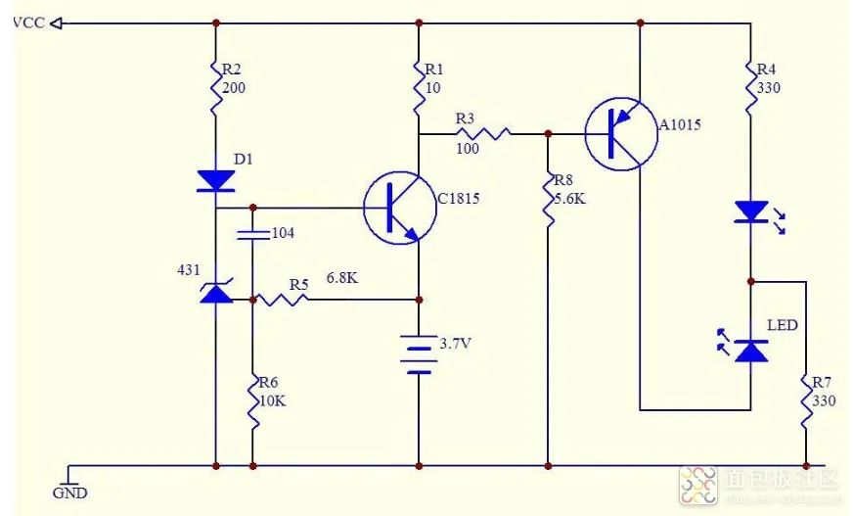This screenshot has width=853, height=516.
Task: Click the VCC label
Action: (27, 23)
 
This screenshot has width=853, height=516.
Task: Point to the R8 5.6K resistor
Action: (548, 201)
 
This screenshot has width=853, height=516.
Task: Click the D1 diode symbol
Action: (214, 180)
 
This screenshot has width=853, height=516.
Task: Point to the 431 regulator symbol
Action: (215, 291)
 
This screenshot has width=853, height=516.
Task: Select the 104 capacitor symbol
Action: (252, 234)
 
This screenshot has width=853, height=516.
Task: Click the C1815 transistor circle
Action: (399, 208)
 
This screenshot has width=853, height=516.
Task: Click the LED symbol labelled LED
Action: (750, 350)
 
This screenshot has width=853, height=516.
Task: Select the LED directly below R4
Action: (750, 211)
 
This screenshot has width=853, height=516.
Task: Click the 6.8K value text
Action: (341, 278)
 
